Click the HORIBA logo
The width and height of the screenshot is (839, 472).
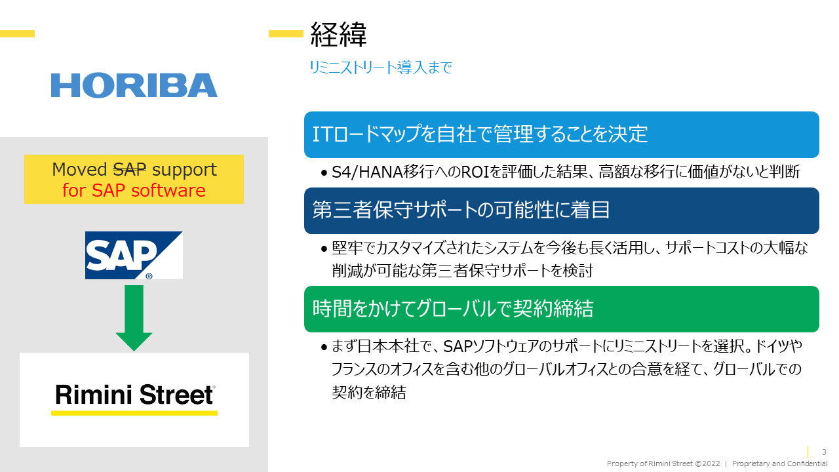[134, 85]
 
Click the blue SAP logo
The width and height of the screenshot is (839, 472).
[134, 255]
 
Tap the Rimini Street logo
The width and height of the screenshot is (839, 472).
[134, 398]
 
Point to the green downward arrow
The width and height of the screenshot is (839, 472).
[134, 318]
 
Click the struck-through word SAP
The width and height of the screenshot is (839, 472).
[130, 169]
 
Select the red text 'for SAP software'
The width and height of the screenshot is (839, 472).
[134, 190]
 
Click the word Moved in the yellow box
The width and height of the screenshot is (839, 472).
[79, 169]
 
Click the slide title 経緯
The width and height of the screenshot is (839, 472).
[338, 35]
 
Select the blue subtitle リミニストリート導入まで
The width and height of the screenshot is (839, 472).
[381, 68]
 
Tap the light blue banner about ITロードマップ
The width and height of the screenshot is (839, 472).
[562, 134]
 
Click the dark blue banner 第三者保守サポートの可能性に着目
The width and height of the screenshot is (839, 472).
[562, 210]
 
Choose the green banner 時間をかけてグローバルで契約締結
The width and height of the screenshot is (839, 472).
[562, 309]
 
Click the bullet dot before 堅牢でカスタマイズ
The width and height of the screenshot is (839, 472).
[324, 248]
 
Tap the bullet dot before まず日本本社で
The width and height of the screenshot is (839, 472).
[324, 347]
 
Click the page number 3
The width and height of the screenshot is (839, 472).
[824, 452]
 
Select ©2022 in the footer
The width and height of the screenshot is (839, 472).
[707, 463]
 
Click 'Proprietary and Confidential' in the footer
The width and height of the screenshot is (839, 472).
[780, 463]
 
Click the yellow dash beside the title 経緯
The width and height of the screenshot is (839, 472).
[286, 33]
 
